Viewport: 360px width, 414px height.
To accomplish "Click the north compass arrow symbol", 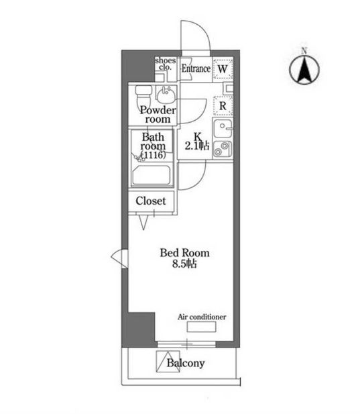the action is [304, 70].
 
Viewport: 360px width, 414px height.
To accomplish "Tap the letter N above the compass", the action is [304, 51].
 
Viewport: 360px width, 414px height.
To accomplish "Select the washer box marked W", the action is [223, 69].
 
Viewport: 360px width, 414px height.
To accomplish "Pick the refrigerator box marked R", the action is [223, 106].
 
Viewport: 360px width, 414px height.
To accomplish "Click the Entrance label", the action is [196, 68].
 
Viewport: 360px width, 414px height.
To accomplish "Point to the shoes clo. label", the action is [166, 64].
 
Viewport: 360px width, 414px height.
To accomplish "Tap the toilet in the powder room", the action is [143, 97].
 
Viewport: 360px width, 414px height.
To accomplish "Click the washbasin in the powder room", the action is [166, 95].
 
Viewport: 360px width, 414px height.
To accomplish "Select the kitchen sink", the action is [223, 129].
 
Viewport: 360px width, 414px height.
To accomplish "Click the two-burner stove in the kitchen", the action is [223, 149].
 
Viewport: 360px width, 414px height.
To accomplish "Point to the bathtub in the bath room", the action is [151, 175].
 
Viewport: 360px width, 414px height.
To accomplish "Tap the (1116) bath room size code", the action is [154, 155].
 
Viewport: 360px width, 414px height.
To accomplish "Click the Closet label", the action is [151, 201].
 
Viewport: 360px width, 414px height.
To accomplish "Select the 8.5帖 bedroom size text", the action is [184, 264].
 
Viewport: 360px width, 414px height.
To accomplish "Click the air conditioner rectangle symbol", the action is [202, 327].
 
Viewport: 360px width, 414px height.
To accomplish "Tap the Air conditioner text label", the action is [202, 317].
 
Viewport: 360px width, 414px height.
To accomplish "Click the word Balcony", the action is [186, 363].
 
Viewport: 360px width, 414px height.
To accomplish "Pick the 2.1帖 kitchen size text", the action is [197, 146].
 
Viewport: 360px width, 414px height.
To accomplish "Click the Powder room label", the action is [158, 115].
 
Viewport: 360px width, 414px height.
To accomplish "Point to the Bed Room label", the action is [185, 253].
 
